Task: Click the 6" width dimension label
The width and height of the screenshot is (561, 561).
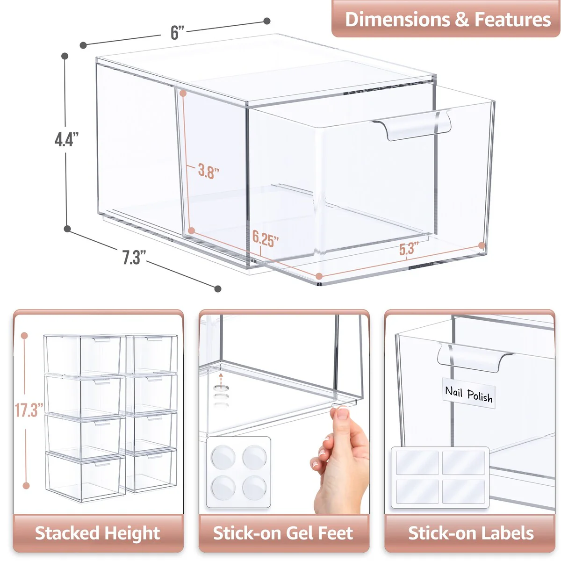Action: point(177,33)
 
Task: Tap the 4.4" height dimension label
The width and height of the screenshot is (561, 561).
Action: point(66,139)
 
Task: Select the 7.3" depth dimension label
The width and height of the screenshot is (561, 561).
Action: point(134,258)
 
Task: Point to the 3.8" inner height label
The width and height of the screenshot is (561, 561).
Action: point(208,171)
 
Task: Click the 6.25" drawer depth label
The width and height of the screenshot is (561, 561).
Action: point(265,239)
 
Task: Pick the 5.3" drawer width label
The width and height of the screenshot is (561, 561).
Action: point(408,249)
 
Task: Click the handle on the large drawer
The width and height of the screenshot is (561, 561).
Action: point(411,125)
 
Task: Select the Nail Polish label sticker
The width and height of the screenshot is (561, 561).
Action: point(469,394)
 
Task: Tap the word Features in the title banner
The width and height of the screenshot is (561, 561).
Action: point(512,20)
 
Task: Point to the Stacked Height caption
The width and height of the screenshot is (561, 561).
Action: point(98,533)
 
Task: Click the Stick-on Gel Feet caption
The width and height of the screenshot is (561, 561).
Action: point(283,533)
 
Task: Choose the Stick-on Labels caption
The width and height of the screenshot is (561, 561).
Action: point(471,533)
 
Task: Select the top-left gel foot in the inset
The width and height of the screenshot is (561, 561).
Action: point(223,457)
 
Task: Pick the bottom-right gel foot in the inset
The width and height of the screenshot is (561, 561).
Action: point(254,488)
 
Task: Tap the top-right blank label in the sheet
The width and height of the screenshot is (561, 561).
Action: point(464,462)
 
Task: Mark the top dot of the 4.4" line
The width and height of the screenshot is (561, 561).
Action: point(65,56)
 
